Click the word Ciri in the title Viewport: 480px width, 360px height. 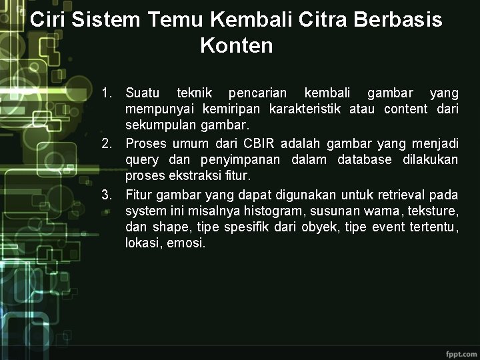click(x=48, y=19)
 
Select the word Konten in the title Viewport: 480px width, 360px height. click(x=236, y=46)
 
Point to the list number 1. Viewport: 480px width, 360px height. click(x=107, y=91)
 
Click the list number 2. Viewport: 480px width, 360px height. click(x=107, y=143)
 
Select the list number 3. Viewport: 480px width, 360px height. click(x=107, y=195)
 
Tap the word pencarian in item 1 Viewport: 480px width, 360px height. click(x=257, y=92)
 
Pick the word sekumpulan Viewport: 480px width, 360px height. click(x=155, y=125)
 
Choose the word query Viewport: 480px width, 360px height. click(x=142, y=161)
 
